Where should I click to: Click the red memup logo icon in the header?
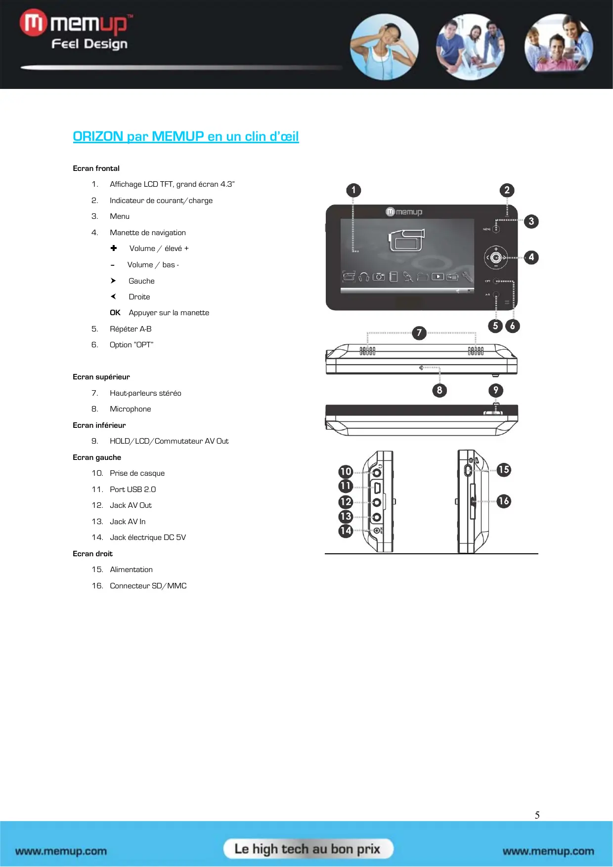[x=33, y=23]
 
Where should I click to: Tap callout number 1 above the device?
[x=353, y=190]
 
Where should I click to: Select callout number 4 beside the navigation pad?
[x=531, y=257]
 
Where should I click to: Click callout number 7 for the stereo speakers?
[x=419, y=332]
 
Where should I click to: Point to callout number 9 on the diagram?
[x=495, y=390]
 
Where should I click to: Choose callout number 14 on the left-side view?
[x=346, y=531]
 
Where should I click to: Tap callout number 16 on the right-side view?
[x=503, y=501]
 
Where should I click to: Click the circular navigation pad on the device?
[x=496, y=257]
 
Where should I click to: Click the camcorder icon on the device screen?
[x=406, y=240]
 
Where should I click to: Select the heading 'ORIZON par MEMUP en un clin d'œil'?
[x=185, y=136]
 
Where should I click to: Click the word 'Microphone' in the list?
[x=130, y=409]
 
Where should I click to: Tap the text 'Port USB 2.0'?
[x=132, y=490]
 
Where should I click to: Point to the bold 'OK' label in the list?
[x=115, y=313]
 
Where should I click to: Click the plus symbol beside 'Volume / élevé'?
[x=114, y=248]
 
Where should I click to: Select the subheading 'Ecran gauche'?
[x=97, y=457]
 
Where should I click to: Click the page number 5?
[x=537, y=815]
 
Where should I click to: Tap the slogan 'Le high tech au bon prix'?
[x=307, y=849]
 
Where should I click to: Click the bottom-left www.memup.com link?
[x=61, y=851]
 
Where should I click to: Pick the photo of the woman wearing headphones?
[x=384, y=47]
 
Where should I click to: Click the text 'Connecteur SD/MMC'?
[x=148, y=586]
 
